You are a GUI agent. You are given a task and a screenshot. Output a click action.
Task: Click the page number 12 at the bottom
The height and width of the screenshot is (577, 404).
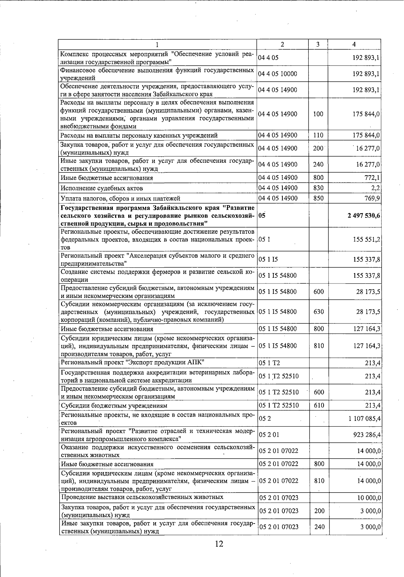tap(219, 544)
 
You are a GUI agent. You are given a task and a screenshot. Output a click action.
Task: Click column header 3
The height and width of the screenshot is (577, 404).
tap(317, 44)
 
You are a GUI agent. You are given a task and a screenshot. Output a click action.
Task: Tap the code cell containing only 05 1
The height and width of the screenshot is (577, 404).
tap(262, 239)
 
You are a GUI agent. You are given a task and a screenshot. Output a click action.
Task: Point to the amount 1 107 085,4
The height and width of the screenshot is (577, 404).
tap(365, 419)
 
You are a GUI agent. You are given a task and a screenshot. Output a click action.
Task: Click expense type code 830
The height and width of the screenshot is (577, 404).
tap(318, 188)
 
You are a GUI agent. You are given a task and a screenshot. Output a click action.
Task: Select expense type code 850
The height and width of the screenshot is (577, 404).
tap(318, 198)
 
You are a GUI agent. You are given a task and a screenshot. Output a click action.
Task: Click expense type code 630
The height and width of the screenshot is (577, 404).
tap(318, 311)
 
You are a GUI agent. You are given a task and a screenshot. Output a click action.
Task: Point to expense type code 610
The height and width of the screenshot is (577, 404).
tap(319, 405)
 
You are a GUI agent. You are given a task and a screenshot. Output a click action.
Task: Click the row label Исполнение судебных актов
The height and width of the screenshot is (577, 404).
tap(101, 188)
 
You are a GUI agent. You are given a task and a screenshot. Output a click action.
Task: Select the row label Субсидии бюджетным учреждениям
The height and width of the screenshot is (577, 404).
tap(114, 406)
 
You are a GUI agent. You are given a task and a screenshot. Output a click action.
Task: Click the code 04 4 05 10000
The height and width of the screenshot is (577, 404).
tap(277, 74)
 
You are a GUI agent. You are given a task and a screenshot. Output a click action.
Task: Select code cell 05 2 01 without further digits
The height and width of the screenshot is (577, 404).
tap(269, 435)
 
